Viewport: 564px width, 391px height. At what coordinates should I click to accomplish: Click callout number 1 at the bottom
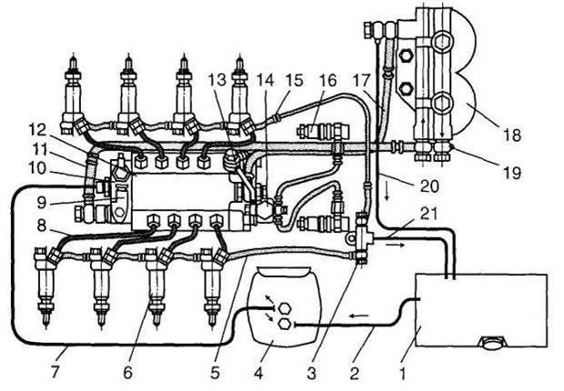click(402, 374)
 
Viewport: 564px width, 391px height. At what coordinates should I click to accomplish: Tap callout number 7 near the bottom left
click(55, 372)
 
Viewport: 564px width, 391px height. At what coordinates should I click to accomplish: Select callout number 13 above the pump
click(217, 80)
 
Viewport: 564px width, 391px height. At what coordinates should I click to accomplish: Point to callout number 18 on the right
click(512, 135)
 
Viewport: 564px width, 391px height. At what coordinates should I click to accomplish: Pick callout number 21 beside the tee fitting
click(428, 214)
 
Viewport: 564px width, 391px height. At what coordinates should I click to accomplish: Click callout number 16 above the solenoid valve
click(327, 81)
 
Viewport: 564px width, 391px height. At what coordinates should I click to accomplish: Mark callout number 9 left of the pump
click(42, 203)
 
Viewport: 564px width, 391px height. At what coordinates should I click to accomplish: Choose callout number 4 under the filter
click(258, 373)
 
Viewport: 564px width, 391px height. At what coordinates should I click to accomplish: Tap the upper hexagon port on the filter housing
click(285, 308)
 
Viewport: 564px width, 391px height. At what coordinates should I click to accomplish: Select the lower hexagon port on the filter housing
click(286, 324)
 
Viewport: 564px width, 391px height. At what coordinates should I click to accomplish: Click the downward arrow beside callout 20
click(387, 193)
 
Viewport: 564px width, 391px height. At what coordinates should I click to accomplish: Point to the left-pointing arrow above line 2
click(359, 316)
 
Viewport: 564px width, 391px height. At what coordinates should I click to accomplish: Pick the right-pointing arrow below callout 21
click(395, 244)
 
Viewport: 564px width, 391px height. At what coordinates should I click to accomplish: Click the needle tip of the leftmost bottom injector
click(45, 327)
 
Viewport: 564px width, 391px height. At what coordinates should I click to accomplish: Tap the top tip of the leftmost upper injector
click(73, 55)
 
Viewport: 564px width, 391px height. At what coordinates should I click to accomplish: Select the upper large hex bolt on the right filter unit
click(441, 44)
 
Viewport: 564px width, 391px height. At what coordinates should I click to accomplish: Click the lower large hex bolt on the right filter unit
click(441, 104)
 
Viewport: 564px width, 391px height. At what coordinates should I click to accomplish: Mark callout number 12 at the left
click(36, 130)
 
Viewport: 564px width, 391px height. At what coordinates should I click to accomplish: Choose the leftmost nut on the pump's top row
click(141, 163)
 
